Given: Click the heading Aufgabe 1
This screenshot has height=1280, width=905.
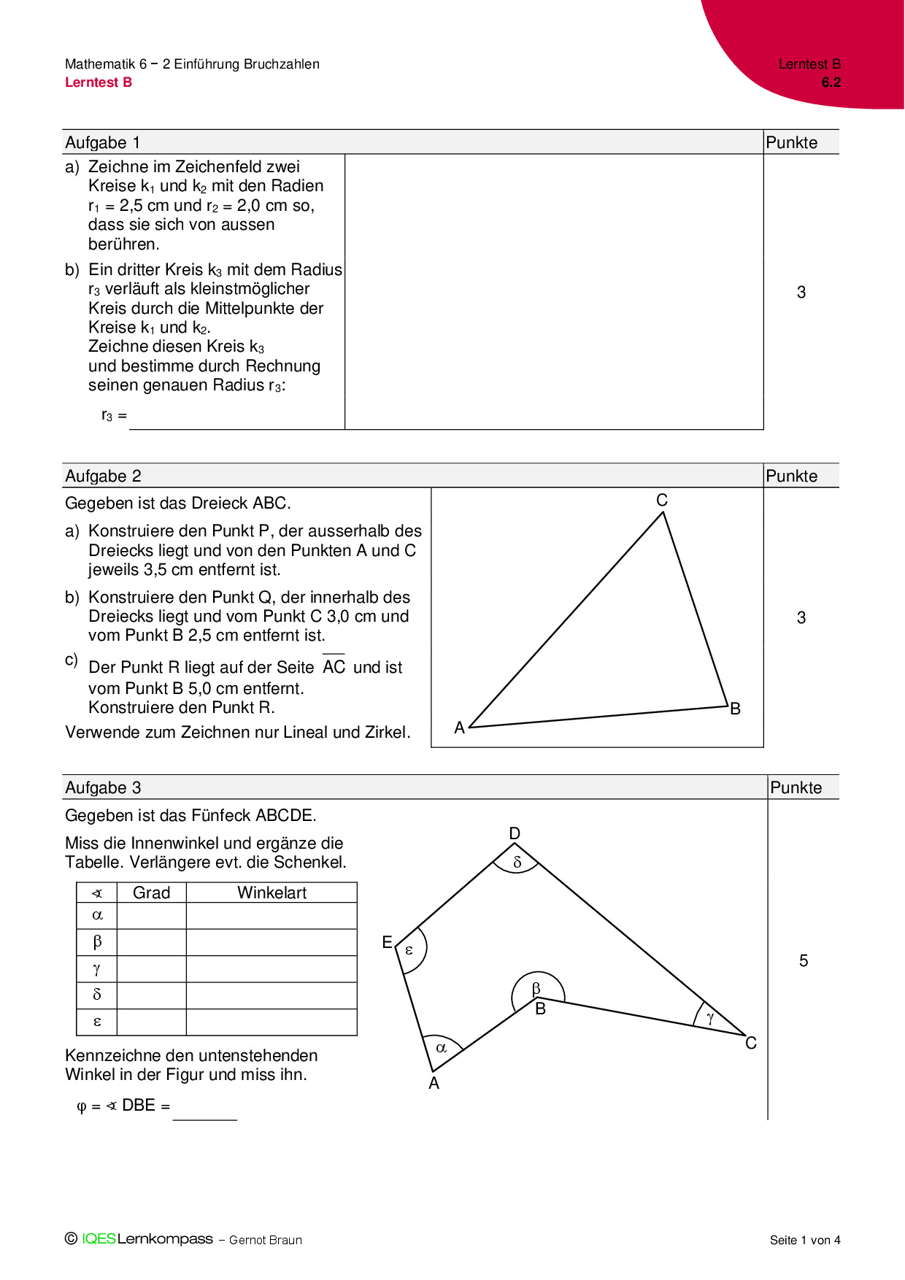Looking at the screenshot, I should pos(103,142).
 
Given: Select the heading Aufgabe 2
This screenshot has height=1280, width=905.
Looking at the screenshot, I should pos(103,476).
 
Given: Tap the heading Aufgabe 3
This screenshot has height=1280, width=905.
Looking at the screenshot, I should pos(103,787).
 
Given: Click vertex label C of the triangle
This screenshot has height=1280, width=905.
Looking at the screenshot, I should pos(662,500).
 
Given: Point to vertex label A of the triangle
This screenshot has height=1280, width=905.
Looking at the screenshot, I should pos(459,728).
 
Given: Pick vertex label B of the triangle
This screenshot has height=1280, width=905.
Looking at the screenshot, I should pos(736,709).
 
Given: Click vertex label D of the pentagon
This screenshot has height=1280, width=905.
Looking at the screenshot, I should pos(515,833).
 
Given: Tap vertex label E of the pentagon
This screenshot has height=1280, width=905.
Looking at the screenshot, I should pos(387,942).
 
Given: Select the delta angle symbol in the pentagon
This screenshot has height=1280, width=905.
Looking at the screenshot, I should pos(517,863).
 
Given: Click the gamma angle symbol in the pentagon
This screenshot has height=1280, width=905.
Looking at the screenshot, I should pos(710,1018).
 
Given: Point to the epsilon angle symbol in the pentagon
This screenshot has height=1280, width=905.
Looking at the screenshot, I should pos(409,950).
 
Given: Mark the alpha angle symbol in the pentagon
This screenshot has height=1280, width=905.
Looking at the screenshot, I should pos(441,1048).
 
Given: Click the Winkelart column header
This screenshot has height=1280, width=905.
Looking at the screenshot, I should pos(271,892).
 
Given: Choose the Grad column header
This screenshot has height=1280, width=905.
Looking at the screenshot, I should pos(151,892).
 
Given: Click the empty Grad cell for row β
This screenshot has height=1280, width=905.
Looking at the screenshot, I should pos(151,942).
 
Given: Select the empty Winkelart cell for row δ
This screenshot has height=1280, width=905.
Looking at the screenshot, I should pos(271,995).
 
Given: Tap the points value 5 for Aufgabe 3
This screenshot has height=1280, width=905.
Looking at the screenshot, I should pos(804,960).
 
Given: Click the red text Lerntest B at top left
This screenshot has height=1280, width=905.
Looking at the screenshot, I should pos(99,82).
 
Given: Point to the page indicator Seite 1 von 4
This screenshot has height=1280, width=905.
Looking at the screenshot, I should pos(805,1240).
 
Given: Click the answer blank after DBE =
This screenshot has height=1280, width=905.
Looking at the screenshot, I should pos(205,1109).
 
